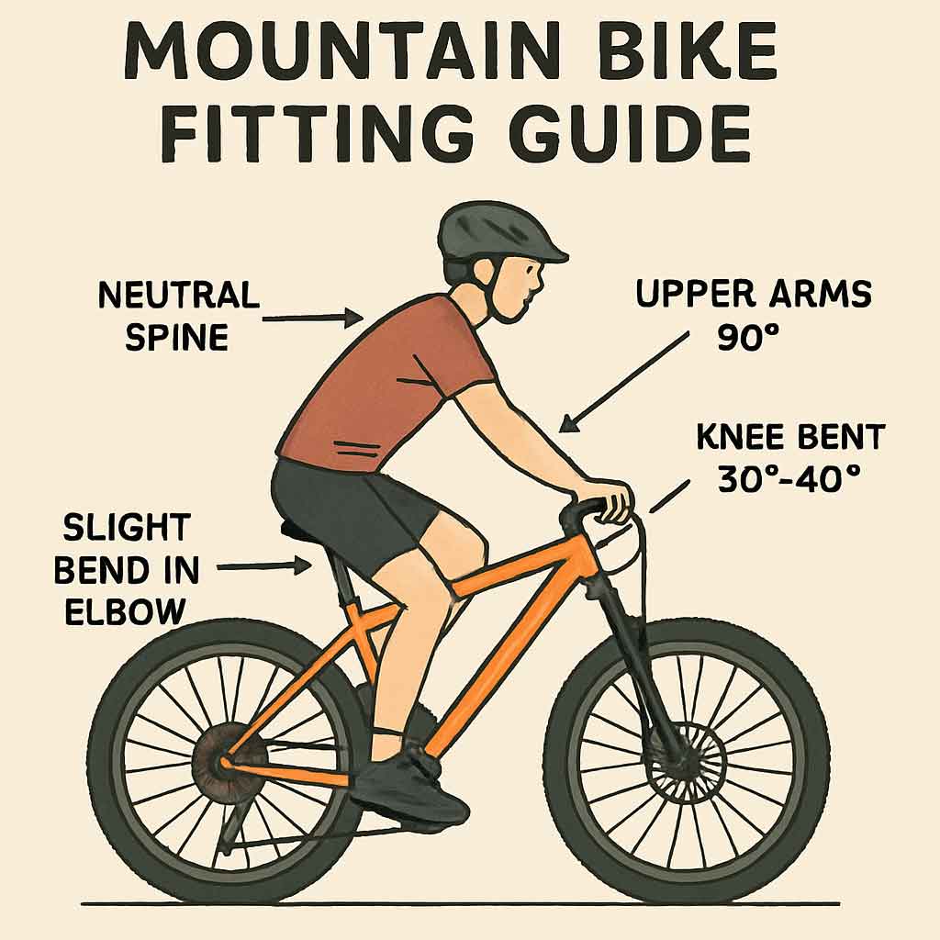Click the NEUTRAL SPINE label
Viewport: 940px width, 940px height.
tap(179, 317)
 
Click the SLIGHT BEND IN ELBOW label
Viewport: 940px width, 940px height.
tap(127, 569)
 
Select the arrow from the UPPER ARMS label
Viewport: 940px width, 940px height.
tap(623, 382)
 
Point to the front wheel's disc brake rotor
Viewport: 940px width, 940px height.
tap(684, 757)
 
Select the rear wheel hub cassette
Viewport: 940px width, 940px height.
tap(223, 761)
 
